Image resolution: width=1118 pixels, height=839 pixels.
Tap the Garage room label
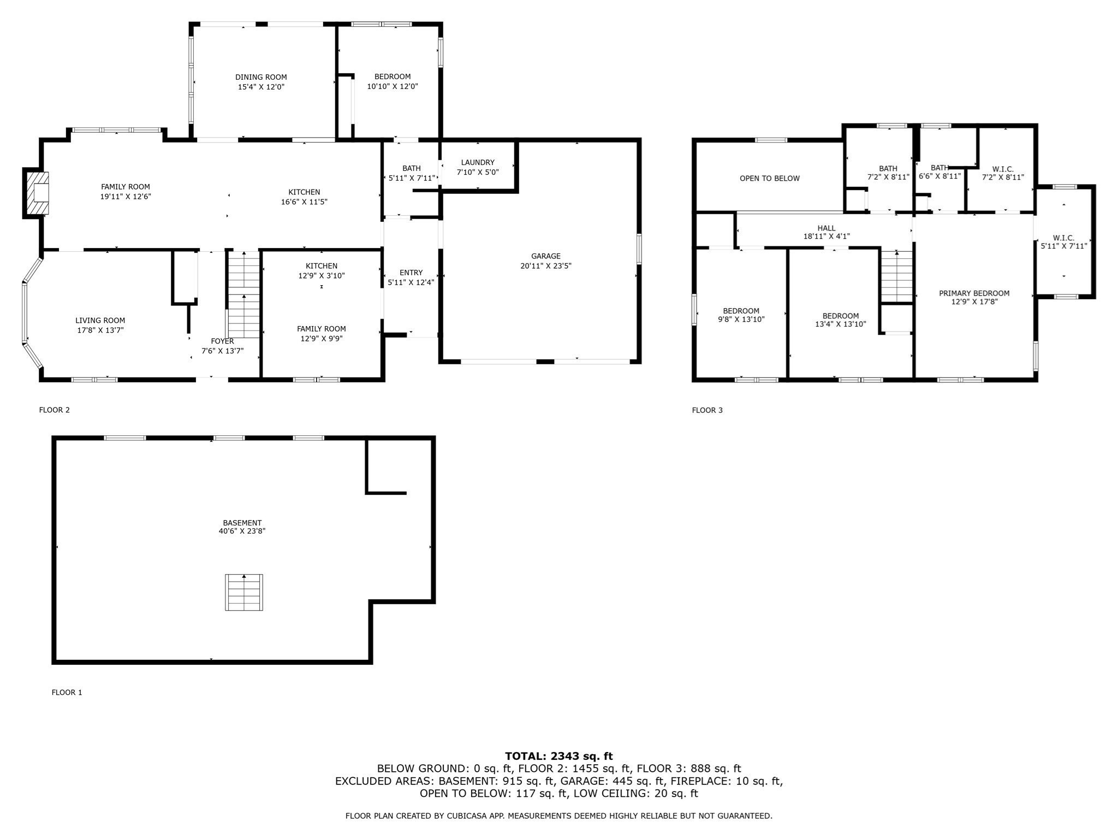tap(546, 256)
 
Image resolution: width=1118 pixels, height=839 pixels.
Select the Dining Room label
tap(261, 77)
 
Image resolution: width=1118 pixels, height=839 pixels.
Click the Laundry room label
tap(478, 162)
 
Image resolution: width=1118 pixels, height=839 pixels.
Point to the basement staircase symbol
tap(244, 592)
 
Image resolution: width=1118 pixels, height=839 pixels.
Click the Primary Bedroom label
tap(974, 293)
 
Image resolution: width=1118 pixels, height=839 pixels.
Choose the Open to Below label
tap(770, 178)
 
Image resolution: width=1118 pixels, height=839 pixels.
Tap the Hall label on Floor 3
tap(826, 228)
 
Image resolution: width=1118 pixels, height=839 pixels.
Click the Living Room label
tap(100, 321)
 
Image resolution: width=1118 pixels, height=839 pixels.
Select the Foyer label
tap(222, 341)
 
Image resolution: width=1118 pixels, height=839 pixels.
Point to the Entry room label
tap(411, 273)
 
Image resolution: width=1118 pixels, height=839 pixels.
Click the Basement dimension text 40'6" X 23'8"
tap(242, 531)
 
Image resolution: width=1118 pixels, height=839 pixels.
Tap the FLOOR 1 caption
tap(67, 693)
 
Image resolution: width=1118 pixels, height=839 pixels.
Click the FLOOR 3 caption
tap(707, 410)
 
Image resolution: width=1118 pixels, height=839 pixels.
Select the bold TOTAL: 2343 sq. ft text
tap(559, 757)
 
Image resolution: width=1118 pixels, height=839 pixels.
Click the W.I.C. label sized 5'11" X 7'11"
tap(1064, 242)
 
